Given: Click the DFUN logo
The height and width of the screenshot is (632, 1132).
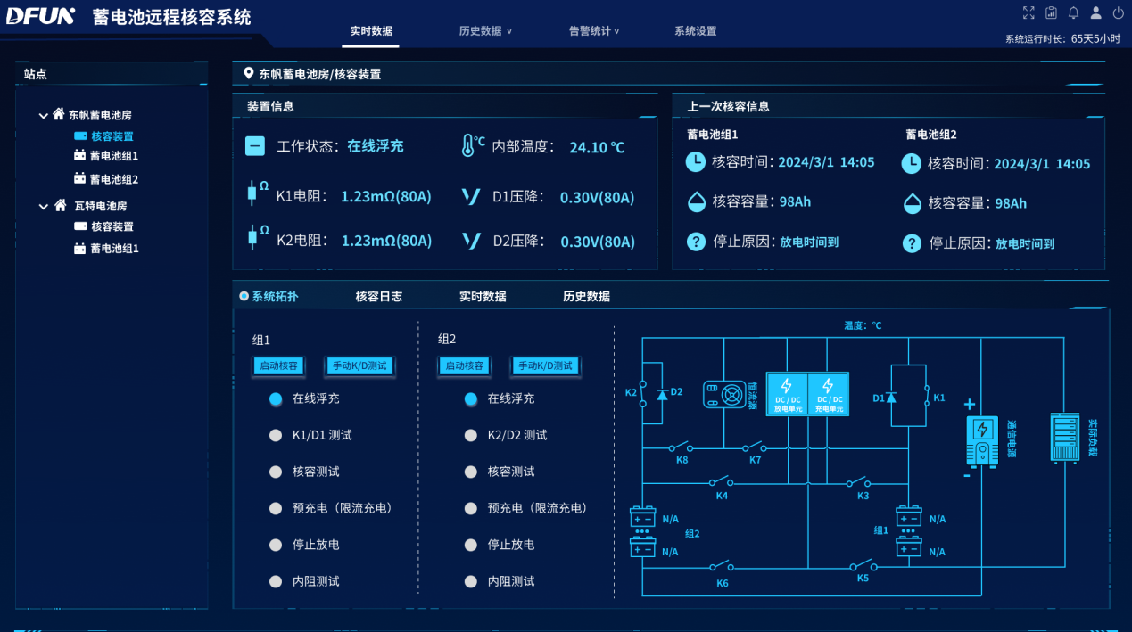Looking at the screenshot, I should click(x=40, y=16).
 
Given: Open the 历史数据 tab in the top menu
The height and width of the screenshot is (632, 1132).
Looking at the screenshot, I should click(x=482, y=31).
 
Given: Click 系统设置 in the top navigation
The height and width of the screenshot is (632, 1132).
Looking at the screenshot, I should click(x=695, y=31).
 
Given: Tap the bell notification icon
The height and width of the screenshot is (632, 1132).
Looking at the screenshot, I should click(x=1074, y=13).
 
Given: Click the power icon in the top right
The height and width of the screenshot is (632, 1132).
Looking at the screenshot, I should click(x=1119, y=13).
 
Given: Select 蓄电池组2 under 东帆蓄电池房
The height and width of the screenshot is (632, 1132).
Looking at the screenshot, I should click(x=114, y=179).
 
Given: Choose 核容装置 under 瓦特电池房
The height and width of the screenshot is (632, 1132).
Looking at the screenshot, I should click(x=112, y=227).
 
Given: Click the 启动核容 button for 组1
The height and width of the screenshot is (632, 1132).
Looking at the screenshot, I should click(x=278, y=365).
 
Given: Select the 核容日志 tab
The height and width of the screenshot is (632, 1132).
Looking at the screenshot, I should click(x=378, y=297).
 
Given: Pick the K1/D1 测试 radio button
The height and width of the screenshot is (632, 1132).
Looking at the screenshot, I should click(x=276, y=436).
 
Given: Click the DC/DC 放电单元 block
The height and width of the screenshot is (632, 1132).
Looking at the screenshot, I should click(x=788, y=394).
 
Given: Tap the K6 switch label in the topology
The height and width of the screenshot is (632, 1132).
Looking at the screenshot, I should click(x=722, y=583).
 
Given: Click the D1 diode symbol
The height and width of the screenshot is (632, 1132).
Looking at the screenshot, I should click(x=890, y=397).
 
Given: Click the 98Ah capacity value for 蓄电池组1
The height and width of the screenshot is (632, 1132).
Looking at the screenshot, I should click(x=795, y=201).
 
